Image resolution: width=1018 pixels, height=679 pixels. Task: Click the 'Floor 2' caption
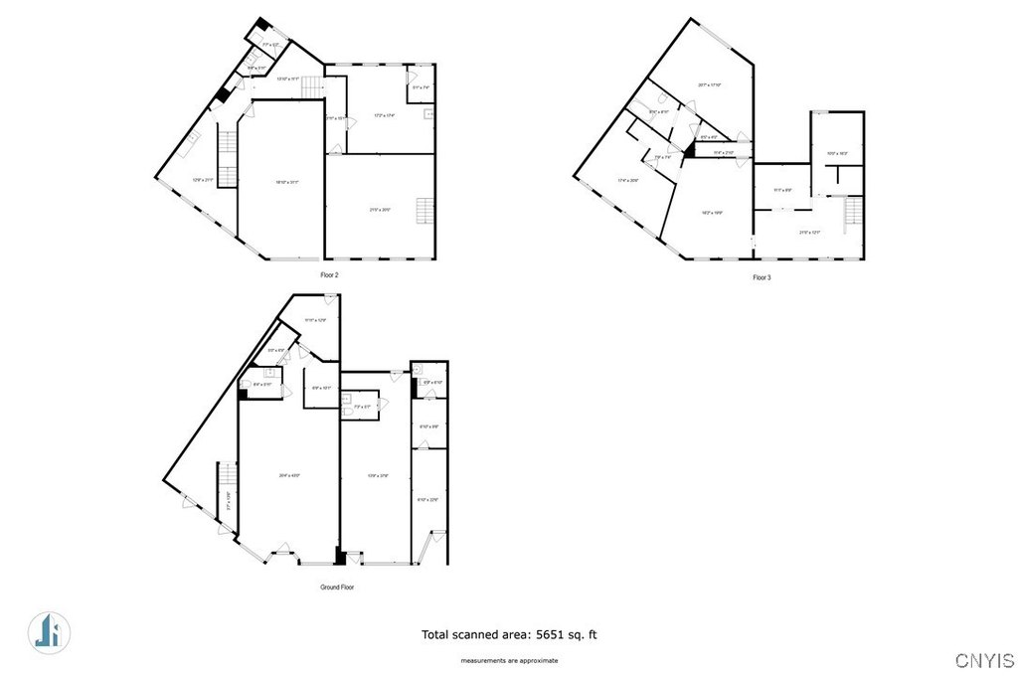pos(330,274)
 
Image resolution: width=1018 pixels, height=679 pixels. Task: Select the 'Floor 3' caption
pos(762,277)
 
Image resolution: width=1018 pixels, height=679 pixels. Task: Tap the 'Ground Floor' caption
pos(337,588)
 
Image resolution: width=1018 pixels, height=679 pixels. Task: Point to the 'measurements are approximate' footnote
pos(508,661)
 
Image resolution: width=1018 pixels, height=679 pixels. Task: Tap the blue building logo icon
pos(46,631)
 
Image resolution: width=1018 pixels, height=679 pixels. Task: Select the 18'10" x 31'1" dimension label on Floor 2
pos(280,182)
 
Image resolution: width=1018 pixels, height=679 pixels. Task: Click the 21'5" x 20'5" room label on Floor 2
pos(380,210)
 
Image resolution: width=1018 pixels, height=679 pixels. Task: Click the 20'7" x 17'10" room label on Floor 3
pos(709,85)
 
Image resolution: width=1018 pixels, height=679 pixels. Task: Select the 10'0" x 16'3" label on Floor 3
pos(837,154)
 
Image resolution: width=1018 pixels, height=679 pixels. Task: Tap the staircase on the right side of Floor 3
pos(851,213)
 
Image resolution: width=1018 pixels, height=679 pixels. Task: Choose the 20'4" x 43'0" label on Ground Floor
pos(288,476)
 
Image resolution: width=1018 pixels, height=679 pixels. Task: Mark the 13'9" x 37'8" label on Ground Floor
pos(377,476)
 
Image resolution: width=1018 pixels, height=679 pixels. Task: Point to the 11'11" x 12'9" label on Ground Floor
pos(315,320)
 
